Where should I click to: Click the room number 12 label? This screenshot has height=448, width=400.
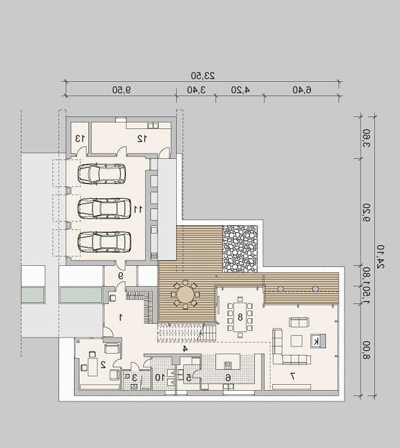tap(142, 139)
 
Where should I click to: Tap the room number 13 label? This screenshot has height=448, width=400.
tap(80, 139)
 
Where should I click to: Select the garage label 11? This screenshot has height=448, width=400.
tap(138, 210)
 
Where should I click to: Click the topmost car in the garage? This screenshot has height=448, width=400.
tap(101, 174)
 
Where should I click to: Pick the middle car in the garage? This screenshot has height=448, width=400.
tap(104, 208)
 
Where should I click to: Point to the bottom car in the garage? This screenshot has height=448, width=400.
tap(104, 242)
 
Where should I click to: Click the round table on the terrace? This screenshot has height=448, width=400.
tap(185, 294)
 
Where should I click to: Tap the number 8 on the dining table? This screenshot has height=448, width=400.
tap(240, 317)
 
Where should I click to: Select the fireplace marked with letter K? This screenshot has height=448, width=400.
tap(318, 341)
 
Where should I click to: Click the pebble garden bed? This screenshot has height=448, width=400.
tap(240, 249)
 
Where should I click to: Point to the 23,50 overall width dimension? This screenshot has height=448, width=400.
tap(203, 76)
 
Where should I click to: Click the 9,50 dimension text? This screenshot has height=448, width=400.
tap(121, 90)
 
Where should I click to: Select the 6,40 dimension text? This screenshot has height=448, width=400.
tap(302, 90)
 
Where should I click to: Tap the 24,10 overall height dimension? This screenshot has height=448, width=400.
tap(380, 256)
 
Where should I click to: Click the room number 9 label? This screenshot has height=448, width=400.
tap(121, 276)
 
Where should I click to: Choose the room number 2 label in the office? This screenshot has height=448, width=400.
tap(103, 364)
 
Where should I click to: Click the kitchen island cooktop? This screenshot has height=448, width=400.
tap(228, 364)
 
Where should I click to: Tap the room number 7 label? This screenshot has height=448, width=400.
tap(293, 376)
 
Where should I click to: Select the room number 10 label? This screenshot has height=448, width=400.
tap(160, 378)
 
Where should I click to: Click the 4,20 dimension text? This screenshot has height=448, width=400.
tap(241, 90)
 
